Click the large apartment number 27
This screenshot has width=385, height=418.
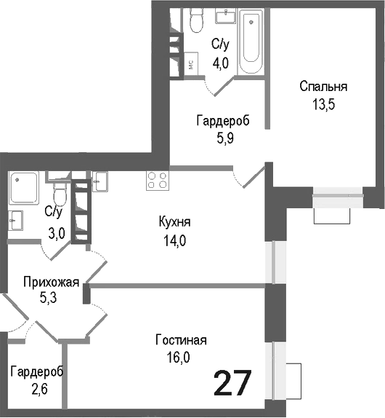pyautogui.click(x=232, y=383)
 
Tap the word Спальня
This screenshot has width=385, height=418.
pyautogui.click(x=323, y=87)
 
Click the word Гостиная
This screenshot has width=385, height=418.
pyautogui.click(x=181, y=340)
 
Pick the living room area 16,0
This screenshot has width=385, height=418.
pyautogui.click(x=181, y=357)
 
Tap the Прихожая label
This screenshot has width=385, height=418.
pyautogui.click(x=50, y=282)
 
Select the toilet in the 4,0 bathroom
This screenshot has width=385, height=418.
pyautogui.click(x=195, y=22)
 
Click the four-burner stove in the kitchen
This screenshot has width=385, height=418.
pyautogui.click(x=157, y=180)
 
